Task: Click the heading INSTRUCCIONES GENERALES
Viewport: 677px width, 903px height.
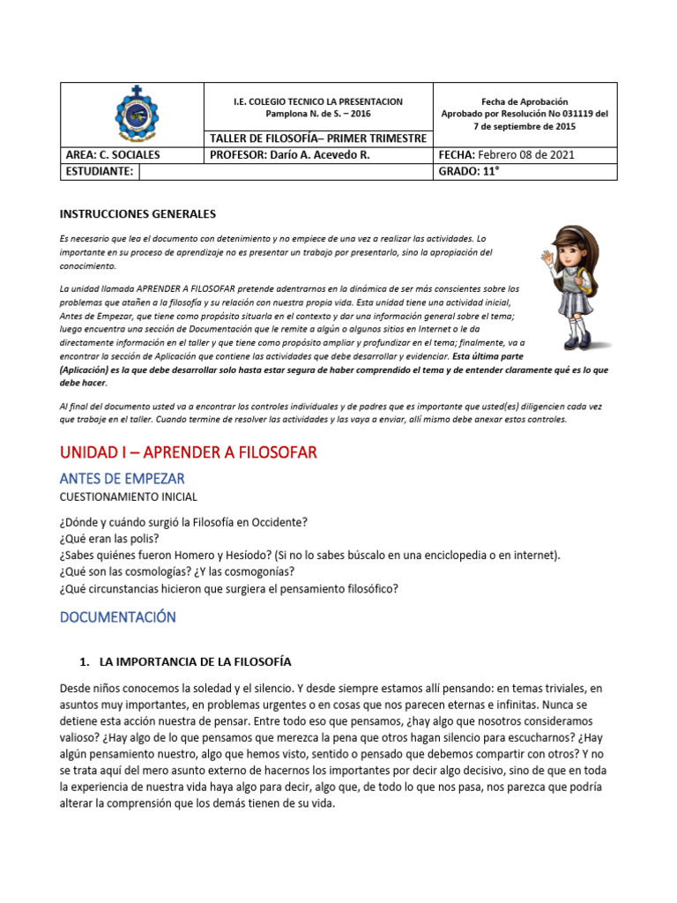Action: point(137,213)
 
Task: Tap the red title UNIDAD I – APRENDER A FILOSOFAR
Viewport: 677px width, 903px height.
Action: point(188,452)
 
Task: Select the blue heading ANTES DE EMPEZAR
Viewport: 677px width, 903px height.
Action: point(123,479)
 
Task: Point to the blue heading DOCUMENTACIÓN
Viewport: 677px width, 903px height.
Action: point(117,617)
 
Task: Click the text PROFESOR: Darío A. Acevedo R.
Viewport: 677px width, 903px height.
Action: point(290,155)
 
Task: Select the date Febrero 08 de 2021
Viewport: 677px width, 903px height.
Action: point(527,155)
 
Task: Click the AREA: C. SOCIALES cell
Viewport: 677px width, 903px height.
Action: point(113,155)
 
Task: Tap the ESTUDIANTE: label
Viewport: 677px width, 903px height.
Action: point(100,172)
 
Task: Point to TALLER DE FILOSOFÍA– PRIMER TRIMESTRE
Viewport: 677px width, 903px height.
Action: point(318,138)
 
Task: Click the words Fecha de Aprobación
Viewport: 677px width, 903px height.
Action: point(524,102)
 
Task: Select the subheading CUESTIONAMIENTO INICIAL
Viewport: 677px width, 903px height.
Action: point(128,497)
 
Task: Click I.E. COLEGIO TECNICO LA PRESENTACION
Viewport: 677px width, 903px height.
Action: point(318,102)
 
